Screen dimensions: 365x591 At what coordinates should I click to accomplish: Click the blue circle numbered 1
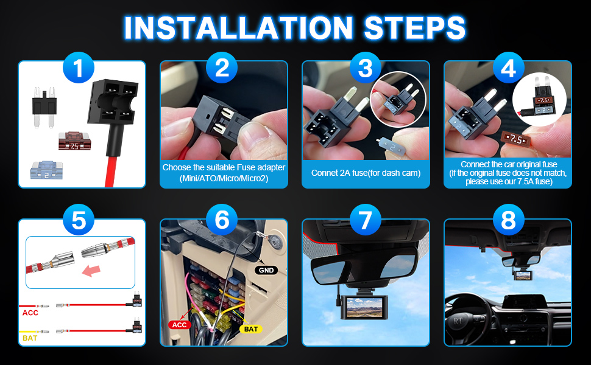pyautogui.click(x=79, y=69)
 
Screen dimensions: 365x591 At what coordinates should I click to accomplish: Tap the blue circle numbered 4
pyautogui.click(x=508, y=69)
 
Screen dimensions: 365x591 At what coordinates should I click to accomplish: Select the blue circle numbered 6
pyautogui.click(x=222, y=220)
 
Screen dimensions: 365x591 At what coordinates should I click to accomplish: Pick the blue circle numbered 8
pyautogui.click(x=508, y=220)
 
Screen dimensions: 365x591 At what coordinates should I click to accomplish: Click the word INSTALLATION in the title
pyautogui.click(x=238, y=27)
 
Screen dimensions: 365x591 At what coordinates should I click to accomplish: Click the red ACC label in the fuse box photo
pyautogui.click(x=179, y=324)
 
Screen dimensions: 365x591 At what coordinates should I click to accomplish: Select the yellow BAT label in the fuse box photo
pyautogui.click(x=250, y=328)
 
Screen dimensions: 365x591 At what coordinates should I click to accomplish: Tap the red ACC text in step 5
pyautogui.click(x=30, y=313)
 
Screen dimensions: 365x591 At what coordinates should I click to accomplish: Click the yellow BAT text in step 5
pyautogui.click(x=29, y=338)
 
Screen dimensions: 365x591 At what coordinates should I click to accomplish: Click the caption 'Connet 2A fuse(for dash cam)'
pyautogui.click(x=366, y=173)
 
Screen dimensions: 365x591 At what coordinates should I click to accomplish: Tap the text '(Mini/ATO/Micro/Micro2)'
pyautogui.click(x=223, y=178)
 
